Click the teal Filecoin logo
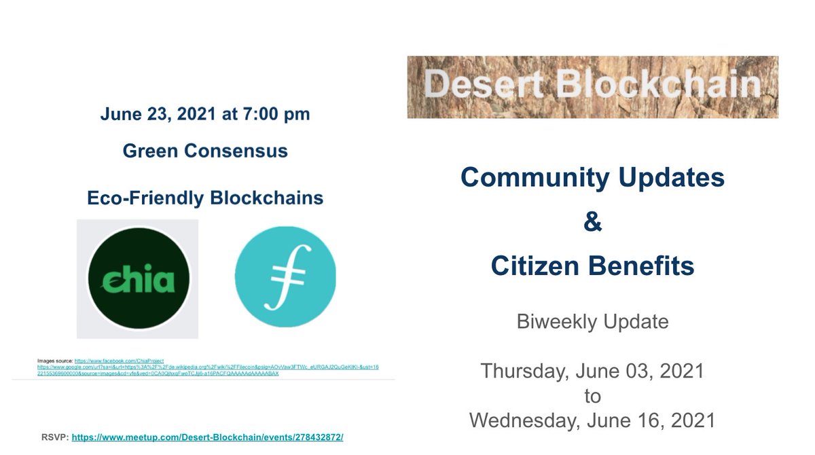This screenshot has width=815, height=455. pyautogui.click(x=285, y=276)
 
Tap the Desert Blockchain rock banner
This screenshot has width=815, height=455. pyautogui.click(x=592, y=87)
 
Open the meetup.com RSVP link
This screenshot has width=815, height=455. pyautogui.click(x=207, y=437)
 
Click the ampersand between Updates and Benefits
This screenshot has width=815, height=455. pyautogui.click(x=592, y=222)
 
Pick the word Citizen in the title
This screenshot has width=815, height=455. pyautogui.click(x=535, y=266)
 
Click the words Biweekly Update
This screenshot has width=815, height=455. pyautogui.click(x=592, y=321)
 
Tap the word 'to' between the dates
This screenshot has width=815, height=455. pyautogui.click(x=592, y=395)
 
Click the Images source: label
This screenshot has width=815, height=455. pyautogui.click(x=55, y=360)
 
